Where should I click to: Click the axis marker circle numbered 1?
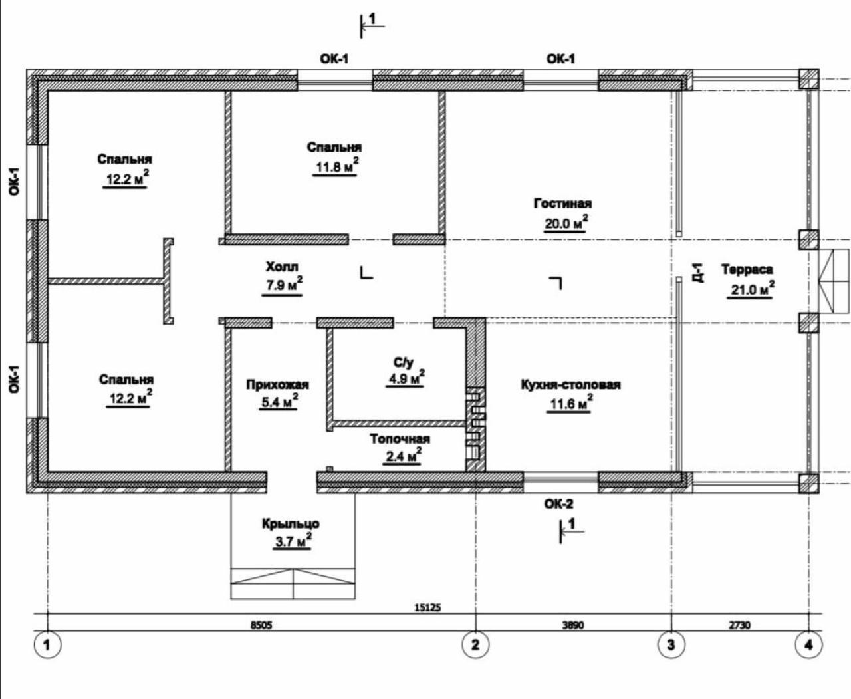pos(47,644)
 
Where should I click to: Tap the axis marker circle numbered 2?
pos(475,644)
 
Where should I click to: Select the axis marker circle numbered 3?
pos(670,644)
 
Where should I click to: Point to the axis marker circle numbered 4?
pos(808,644)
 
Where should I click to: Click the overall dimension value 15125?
pos(427,607)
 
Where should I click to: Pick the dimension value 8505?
pos(261,625)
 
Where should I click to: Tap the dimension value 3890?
pos(572,625)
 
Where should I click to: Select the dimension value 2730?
pos(739,625)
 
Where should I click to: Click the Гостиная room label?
pos(562,203)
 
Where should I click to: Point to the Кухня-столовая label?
pos(570,385)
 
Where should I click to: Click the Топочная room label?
pos(400,439)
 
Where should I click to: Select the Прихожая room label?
pos(277,385)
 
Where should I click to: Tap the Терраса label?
pos(747,269)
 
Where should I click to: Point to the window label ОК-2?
pos(559,504)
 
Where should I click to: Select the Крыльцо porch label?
pos(291,524)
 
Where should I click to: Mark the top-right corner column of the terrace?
pos(808,79)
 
